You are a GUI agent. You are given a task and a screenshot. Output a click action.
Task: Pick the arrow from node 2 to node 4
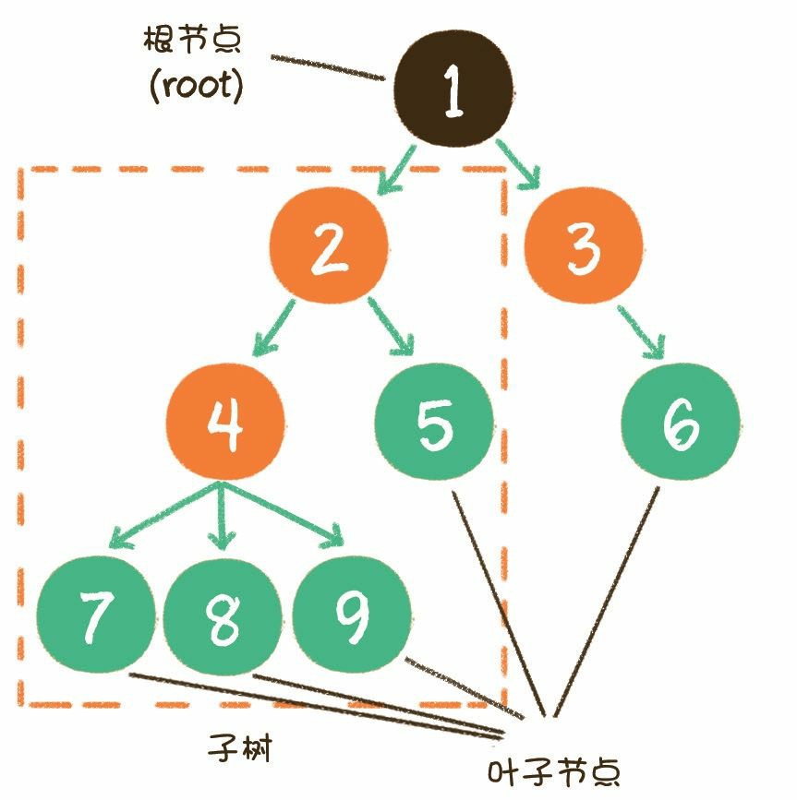point(273,328)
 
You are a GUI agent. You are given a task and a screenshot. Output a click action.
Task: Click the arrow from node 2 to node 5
point(392,328)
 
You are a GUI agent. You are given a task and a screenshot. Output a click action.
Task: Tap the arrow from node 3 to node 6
point(642,333)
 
